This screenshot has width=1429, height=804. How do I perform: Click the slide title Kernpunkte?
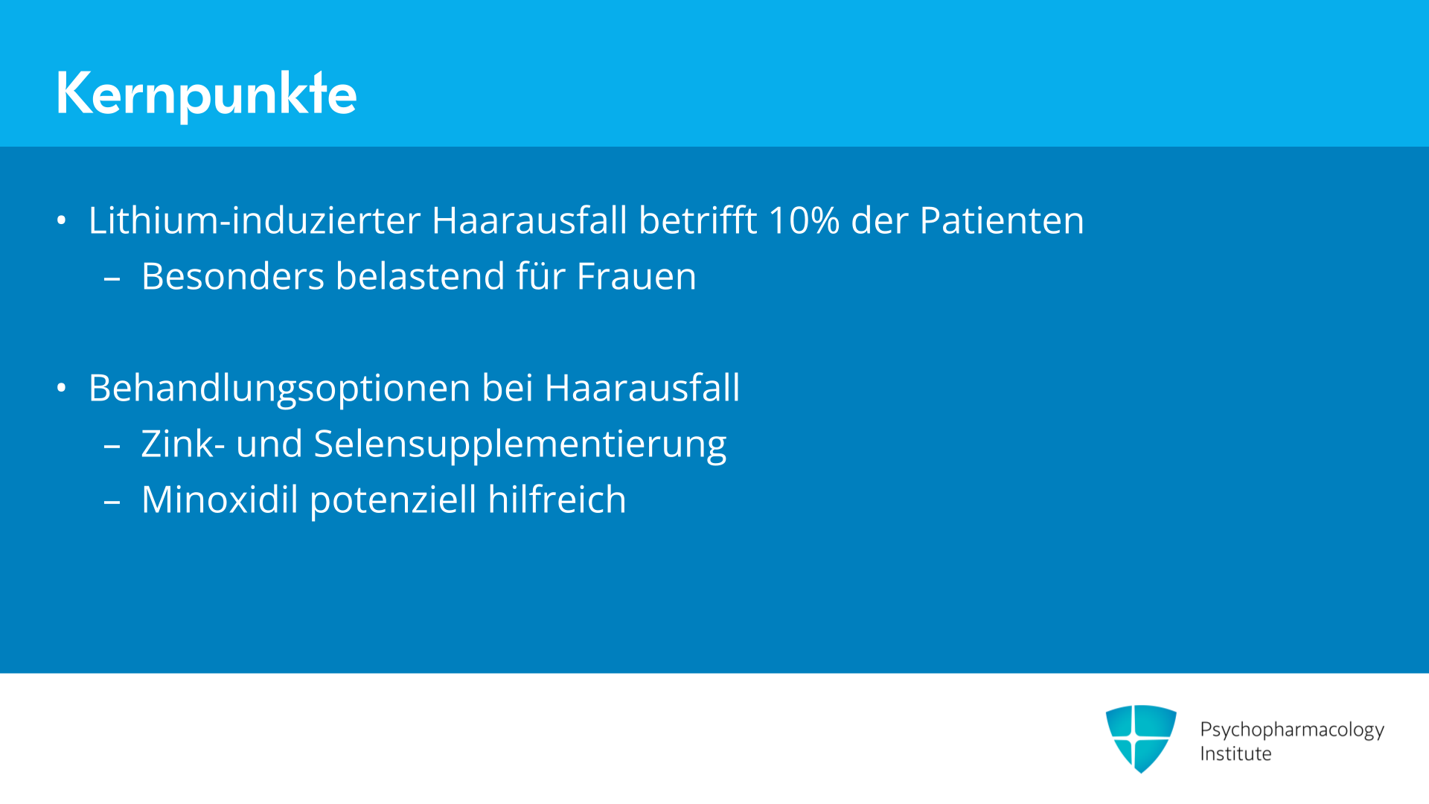[206, 94]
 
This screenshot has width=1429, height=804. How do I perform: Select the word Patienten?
[1002, 220]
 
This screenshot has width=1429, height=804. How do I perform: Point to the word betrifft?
[698, 220]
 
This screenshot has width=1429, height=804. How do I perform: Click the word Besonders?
[233, 276]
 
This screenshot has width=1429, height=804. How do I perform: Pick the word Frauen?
[636, 276]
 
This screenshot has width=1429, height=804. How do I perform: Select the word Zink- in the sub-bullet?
[183, 444]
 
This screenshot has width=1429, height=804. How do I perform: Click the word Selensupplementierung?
[520, 445]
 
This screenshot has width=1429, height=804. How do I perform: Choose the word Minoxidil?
[220, 500]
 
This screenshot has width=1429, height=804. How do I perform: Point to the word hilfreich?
[557, 500]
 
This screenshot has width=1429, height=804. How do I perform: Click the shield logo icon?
[1141, 738]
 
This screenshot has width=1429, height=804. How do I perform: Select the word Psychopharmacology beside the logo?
[1292, 730]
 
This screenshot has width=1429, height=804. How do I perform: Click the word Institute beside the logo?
[1235, 753]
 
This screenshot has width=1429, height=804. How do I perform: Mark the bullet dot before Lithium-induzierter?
[62, 220]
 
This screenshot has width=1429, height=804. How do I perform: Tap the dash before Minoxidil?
[112, 502]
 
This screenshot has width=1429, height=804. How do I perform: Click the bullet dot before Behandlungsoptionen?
[62, 388]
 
